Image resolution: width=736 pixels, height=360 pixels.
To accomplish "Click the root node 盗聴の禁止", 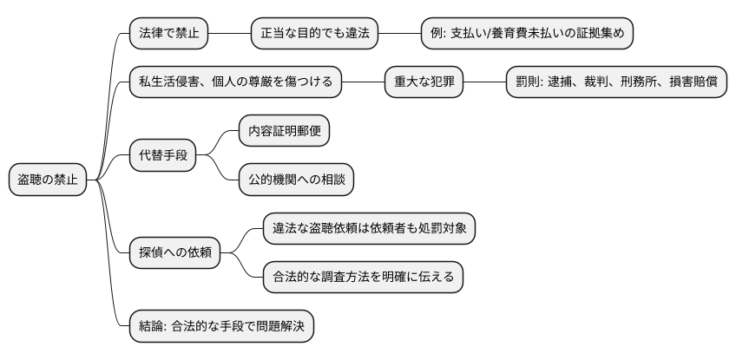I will point(48,180).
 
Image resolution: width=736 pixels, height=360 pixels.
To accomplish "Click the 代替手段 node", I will point(161,155).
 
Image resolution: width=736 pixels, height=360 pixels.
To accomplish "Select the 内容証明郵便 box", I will point(284,132).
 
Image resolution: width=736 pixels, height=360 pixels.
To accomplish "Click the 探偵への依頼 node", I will point(174,252).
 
